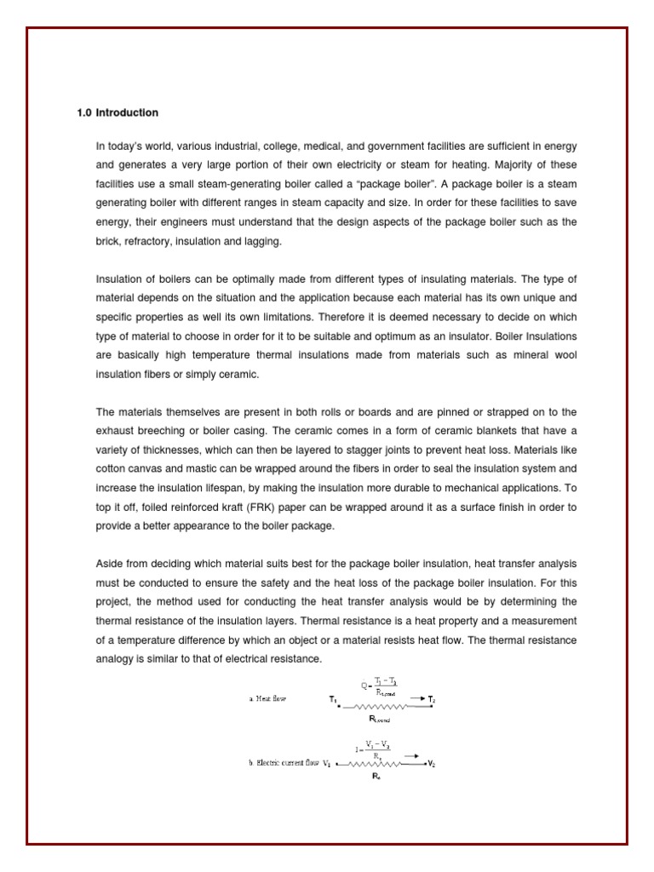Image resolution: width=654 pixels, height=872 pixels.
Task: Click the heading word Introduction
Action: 127,112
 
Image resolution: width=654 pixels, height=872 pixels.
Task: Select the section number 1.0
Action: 84,112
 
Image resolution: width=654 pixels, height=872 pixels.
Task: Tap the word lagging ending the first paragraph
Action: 259,242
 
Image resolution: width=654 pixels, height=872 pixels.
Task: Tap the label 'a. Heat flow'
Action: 267,698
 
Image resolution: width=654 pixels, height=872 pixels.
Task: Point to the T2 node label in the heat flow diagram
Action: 432,699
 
